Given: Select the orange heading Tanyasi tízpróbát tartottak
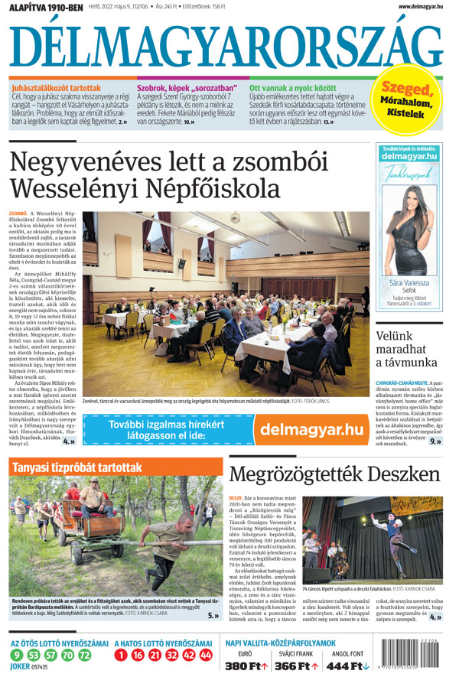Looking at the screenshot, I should (76, 467).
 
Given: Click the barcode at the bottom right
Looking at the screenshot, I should (419, 654).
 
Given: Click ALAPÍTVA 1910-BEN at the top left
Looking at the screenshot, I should (43, 7).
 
